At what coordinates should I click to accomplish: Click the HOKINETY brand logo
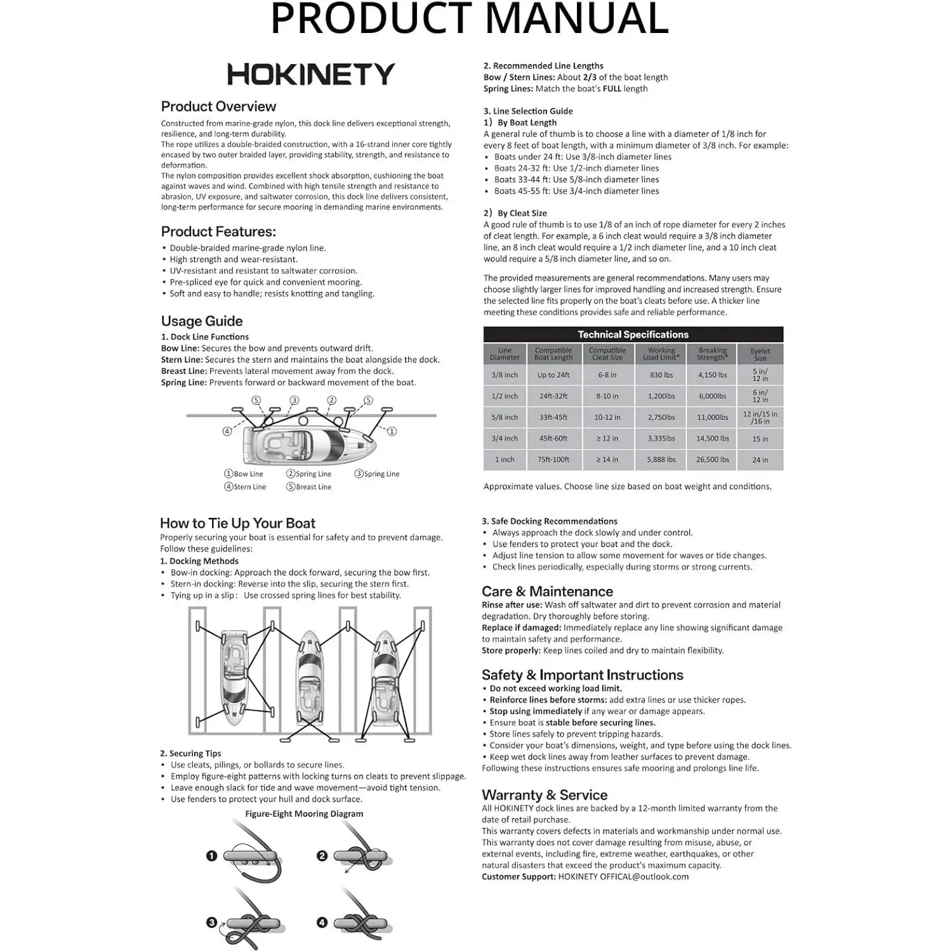[311, 74]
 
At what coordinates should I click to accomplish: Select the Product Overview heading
[218, 107]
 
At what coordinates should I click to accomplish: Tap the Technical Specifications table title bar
[633, 334]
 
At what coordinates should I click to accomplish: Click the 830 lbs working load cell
[661, 375]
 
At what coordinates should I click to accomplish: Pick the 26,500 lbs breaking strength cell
[712, 459]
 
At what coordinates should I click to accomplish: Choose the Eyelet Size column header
[760, 354]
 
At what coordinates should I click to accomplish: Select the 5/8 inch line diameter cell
[505, 418]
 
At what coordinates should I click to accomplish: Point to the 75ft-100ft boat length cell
[553, 459]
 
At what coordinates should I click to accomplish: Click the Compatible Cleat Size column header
[607, 354]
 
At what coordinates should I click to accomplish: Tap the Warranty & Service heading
[545, 795]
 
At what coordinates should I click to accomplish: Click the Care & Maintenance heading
[547, 592]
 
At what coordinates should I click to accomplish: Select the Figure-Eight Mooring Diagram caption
[304, 814]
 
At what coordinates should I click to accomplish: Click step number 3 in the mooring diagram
[212, 923]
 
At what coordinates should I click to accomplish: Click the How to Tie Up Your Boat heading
[237, 524]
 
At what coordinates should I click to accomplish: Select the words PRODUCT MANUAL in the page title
[470, 19]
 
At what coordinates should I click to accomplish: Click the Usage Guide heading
[202, 321]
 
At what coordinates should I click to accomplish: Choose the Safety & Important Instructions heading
[582, 675]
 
